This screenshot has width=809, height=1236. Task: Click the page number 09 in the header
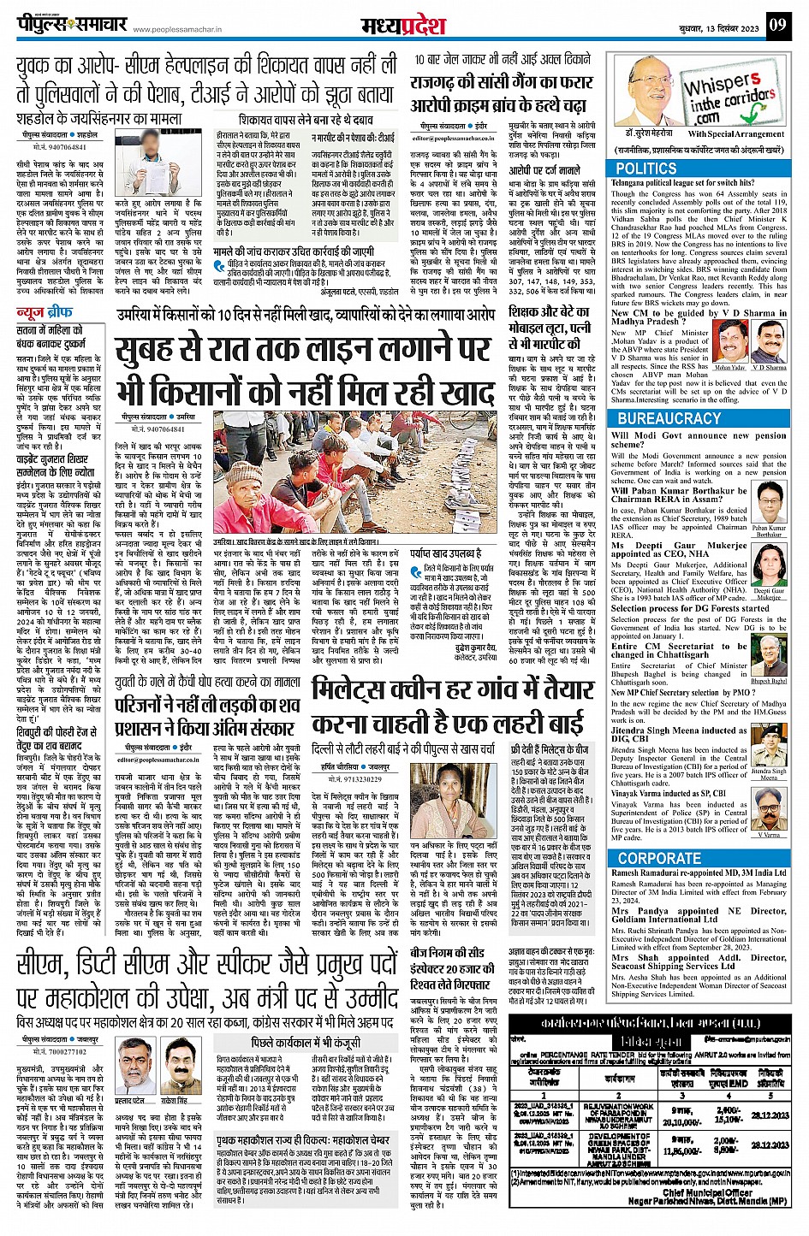point(776,25)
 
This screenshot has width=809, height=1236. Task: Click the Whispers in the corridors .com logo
point(727,100)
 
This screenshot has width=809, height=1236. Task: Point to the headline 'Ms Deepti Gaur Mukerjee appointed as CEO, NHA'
point(679,548)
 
